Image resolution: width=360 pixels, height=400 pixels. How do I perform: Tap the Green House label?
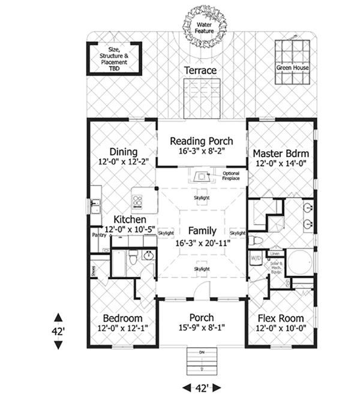pos(292,68)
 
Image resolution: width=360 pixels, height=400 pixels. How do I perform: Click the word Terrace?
pos(200,71)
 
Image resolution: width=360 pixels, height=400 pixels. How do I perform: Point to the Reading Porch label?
pos(201,142)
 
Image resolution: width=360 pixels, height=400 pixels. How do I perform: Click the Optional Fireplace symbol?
pos(200,176)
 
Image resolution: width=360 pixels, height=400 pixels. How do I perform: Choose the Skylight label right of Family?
pos(238,233)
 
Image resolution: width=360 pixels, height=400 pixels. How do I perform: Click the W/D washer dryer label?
pos(254,258)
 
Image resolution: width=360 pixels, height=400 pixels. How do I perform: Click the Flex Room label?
pos(280,318)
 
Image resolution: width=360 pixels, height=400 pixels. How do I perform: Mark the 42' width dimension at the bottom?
pos(201,387)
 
